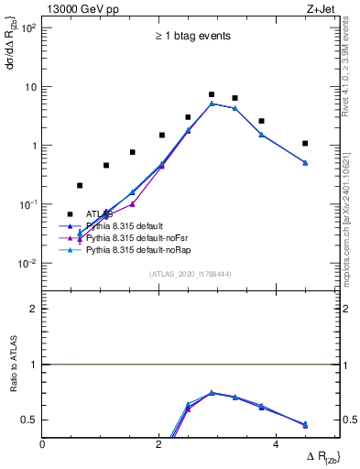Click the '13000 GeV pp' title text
pyautogui.click(x=76, y=8)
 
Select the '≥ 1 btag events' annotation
pyautogui.click(x=191, y=37)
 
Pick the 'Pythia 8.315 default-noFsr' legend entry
pyautogui.click(x=138, y=237)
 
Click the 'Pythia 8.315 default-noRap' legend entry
pyautogui.click(x=139, y=249)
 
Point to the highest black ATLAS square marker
pyautogui.click(x=212, y=94)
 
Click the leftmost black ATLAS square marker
pyautogui.click(x=80, y=185)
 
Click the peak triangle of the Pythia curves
pyautogui.click(x=212, y=104)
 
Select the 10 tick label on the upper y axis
pyautogui.click(x=30, y=87)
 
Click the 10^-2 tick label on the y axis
pyautogui.click(x=27, y=264)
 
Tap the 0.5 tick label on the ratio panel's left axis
pyautogui.click(x=28, y=420)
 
